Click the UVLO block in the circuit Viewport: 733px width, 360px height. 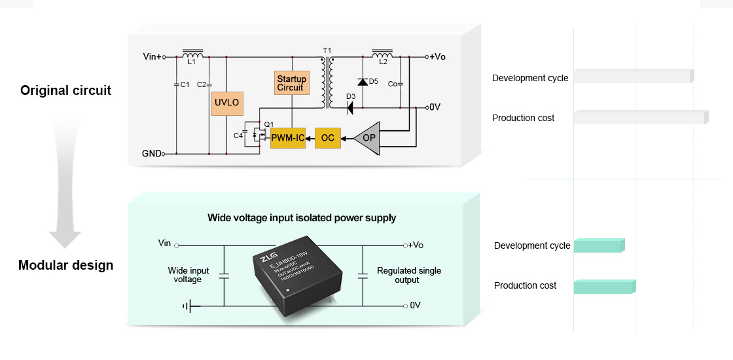(227, 103)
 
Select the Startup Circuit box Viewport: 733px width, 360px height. (291, 83)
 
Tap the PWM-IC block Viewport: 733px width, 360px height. (288, 138)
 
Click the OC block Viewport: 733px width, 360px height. (328, 138)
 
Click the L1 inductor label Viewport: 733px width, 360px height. (191, 62)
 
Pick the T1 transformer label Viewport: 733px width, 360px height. (327, 50)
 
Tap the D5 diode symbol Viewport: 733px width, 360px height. (362, 82)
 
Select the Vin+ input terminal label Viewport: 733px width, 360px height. (152, 57)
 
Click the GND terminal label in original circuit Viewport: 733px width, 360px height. (151, 154)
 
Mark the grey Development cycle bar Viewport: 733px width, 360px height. (633, 76)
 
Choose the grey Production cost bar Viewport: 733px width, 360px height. (641, 117)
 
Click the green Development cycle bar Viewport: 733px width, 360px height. (599, 245)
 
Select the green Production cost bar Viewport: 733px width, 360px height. (604, 287)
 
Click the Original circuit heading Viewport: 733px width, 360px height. (66, 90)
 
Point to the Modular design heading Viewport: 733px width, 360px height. (65, 265)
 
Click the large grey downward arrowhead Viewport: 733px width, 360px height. (65, 238)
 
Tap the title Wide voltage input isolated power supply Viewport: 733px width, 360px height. (302, 218)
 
